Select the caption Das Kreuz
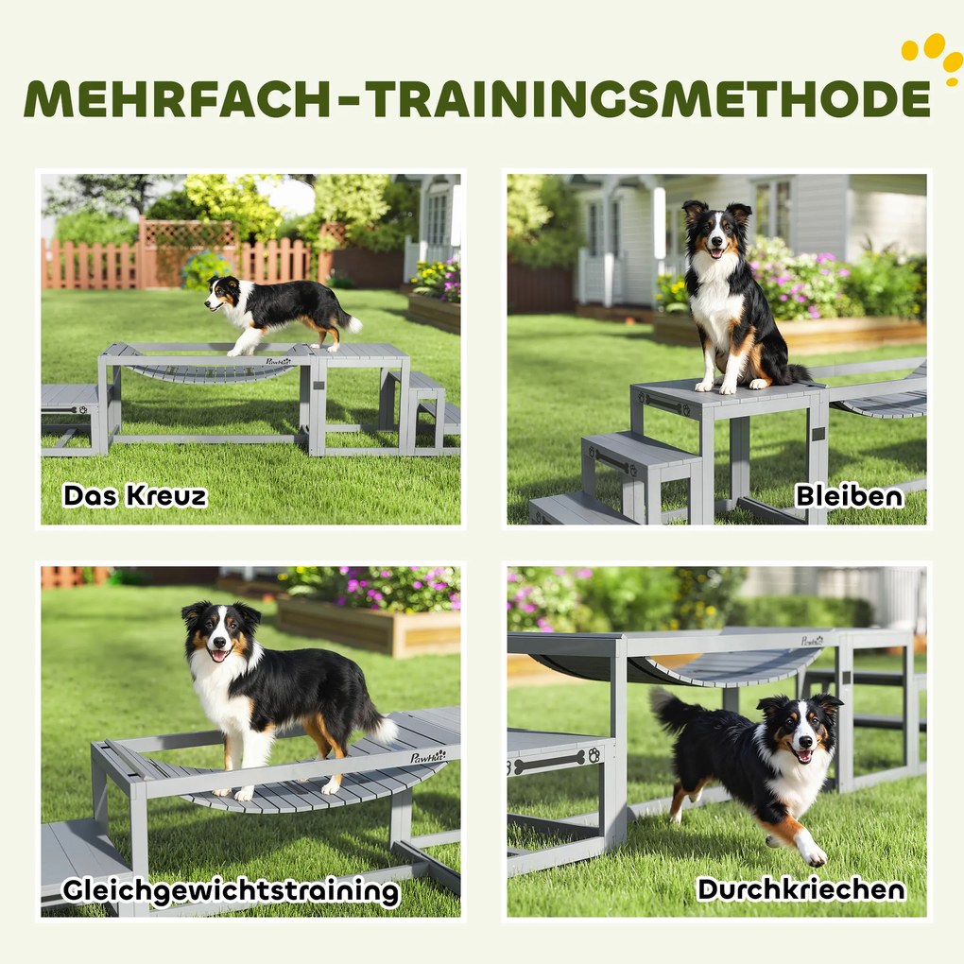[134, 494]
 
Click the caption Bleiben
[849, 494]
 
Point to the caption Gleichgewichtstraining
[231, 890]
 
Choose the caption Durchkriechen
[800, 888]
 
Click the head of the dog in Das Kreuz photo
[222, 294]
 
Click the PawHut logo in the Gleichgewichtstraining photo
[428, 756]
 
